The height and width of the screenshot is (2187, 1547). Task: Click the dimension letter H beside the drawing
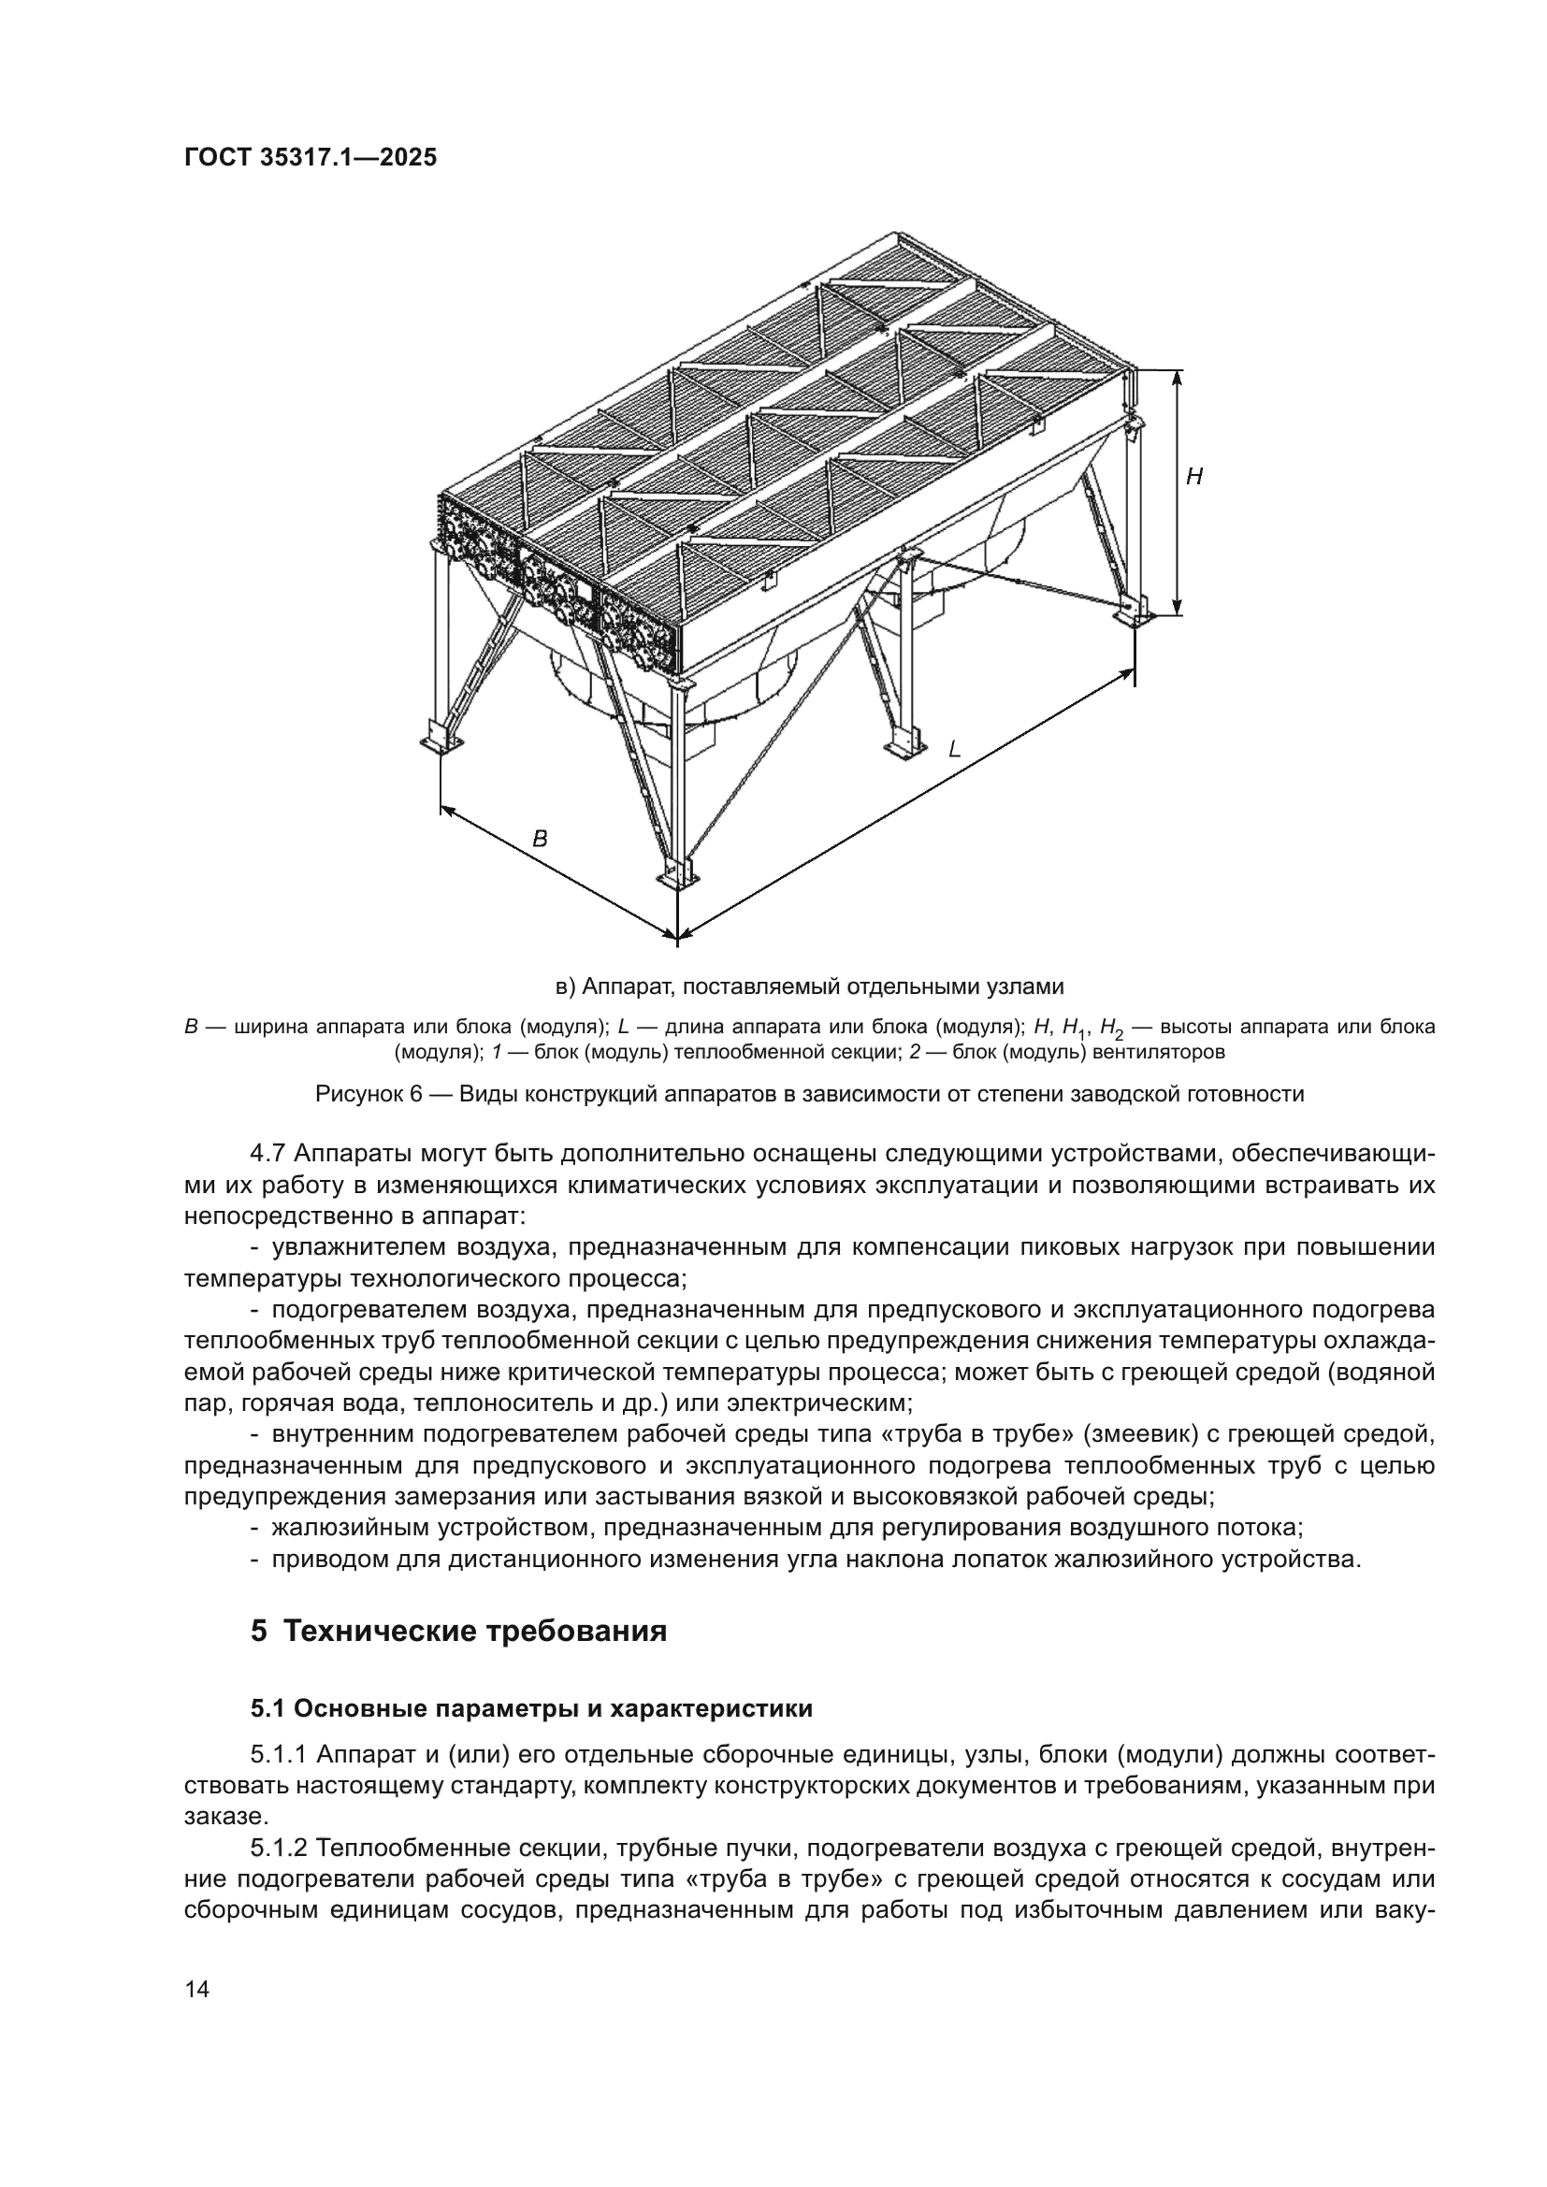[x=1193, y=476]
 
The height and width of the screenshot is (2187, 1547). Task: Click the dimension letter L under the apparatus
[x=953, y=750]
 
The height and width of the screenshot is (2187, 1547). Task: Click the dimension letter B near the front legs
[x=540, y=839]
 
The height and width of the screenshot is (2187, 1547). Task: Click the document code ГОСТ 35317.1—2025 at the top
[x=311, y=158]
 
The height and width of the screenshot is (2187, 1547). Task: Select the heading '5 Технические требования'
[x=458, y=1631]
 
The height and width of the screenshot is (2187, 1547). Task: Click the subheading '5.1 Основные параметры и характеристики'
[x=531, y=1709]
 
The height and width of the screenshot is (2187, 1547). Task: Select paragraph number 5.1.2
[x=279, y=1849]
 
